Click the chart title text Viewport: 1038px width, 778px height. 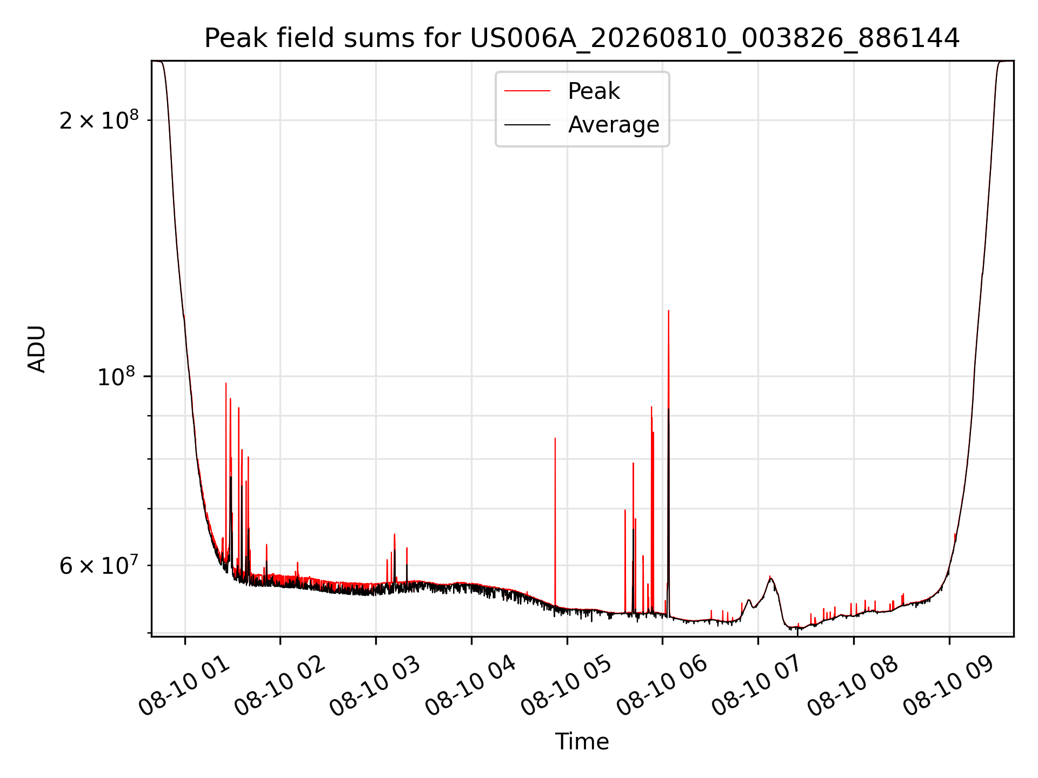click(x=582, y=38)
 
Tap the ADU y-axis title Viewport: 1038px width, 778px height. click(x=37, y=348)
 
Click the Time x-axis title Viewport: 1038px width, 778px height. click(x=582, y=741)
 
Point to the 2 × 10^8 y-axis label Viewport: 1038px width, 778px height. click(x=99, y=120)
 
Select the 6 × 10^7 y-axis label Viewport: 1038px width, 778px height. click(x=99, y=565)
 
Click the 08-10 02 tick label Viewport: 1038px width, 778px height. click(x=280, y=686)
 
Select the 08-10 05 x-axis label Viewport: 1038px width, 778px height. click(x=566, y=686)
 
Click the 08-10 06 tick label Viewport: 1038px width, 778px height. click(x=662, y=686)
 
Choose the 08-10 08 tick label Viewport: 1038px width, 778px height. click(x=853, y=686)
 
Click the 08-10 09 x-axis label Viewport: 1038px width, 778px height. click(x=948, y=686)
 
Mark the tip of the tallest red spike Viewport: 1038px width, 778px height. click(x=669, y=311)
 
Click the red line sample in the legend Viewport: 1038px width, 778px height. click(x=527, y=91)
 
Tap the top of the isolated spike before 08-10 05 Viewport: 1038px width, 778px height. click(x=555, y=438)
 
